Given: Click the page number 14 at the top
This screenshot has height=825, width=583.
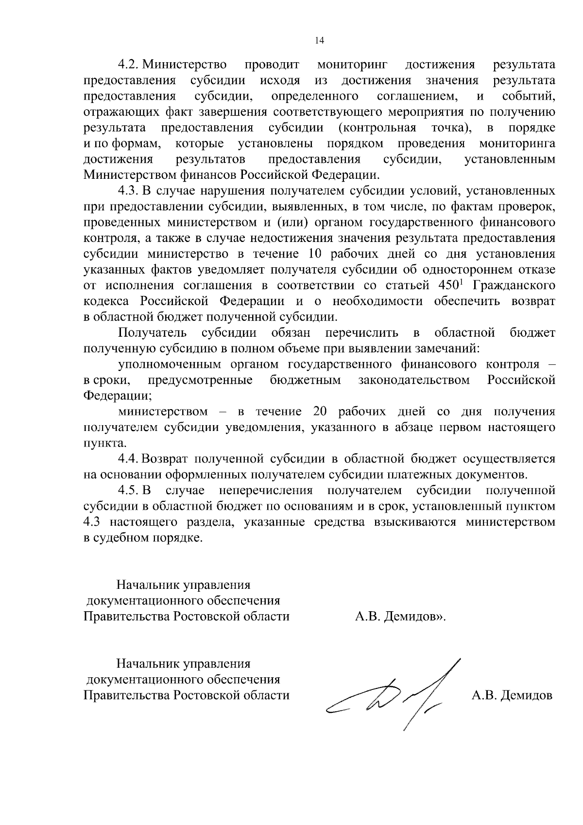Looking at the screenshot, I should tap(319, 40).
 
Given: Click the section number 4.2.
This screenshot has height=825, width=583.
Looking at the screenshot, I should tap(129, 65).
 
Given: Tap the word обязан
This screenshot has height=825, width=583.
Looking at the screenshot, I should tap(289, 333).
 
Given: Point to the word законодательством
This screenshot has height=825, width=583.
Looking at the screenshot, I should tap(414, 379).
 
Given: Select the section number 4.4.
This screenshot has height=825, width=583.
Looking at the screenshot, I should tap(129, 459).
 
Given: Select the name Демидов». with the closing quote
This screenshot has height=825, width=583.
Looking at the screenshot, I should tap(414, 617).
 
